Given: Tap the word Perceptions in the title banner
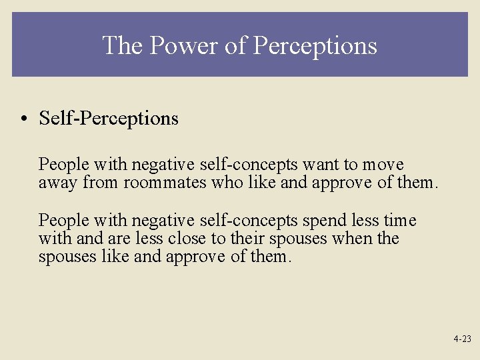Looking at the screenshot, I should tap(315, 45).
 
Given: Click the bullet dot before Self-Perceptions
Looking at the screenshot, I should tap(23, 119).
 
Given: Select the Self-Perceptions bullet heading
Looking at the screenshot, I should tap(109, 119).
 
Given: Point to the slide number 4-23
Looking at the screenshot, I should tap(462, 339).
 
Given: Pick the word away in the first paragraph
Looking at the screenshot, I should tap(58, 183).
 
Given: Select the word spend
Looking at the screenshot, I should tap(323, 221).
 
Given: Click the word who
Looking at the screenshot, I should tap(225, 183).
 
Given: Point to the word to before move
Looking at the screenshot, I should tap(351, 165).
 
